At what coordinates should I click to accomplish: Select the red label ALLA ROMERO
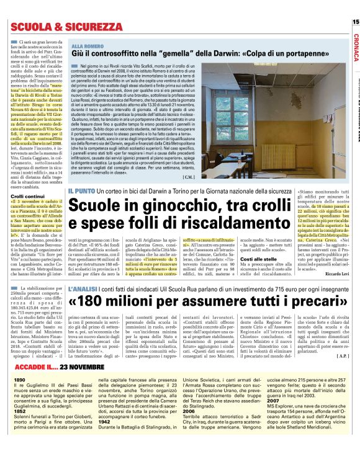[88, 47]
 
